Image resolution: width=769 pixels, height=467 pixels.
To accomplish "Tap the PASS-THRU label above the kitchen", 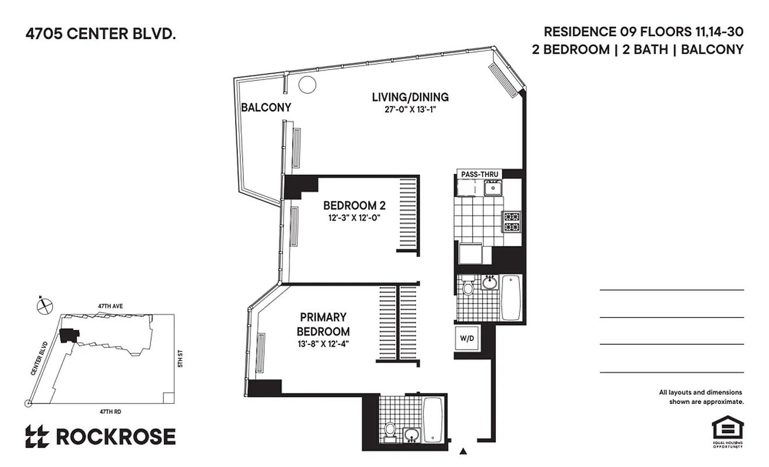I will point(478,174).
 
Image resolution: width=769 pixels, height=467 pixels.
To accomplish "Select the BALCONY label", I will point(266,107).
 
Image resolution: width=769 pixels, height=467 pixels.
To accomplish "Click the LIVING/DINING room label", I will point(411,97).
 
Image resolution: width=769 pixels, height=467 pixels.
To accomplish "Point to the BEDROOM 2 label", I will point(354,205).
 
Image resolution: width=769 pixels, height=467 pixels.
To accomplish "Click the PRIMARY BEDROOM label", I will point(323,325).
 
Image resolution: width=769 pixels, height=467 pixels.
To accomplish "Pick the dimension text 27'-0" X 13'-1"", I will point(411,109).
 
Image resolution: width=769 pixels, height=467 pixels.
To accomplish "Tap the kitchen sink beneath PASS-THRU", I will point(493,187).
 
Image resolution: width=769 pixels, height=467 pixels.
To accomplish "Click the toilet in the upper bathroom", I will point(468,287).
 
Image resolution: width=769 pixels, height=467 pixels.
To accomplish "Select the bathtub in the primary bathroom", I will point(433,420).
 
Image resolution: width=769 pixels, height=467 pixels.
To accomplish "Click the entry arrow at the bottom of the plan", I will point(464,451).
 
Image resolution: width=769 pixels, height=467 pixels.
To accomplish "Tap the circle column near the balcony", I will point(307,85).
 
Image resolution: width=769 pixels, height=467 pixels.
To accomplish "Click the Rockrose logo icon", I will point(37,437).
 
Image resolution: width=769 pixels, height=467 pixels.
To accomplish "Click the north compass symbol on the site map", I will point(44,305).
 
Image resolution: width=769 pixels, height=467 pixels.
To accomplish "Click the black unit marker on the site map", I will point(69,335).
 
